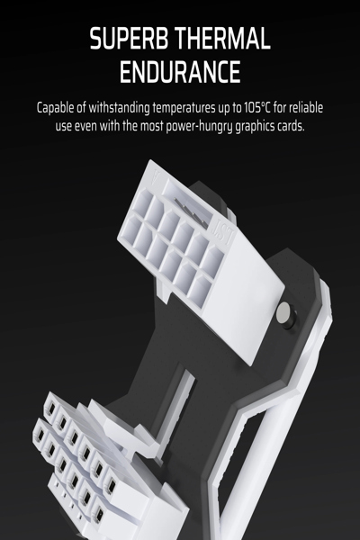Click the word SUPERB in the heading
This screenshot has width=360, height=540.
pos(130,39)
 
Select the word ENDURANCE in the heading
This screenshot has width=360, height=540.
pos(180,72)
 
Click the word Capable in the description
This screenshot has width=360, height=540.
pos(56,108)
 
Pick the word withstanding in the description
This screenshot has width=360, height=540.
pos(119,108)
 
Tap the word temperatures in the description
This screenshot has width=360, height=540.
pos(184,109)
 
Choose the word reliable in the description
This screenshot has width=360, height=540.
pos(306,107)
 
